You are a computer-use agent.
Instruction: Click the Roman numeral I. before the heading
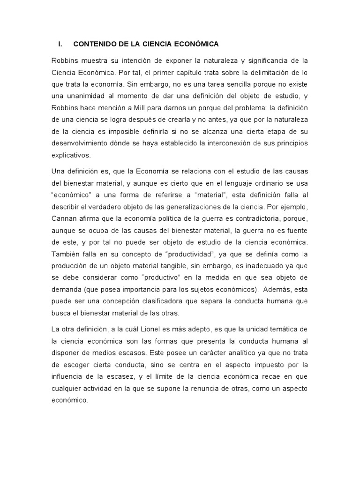click(x=60, y=45)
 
